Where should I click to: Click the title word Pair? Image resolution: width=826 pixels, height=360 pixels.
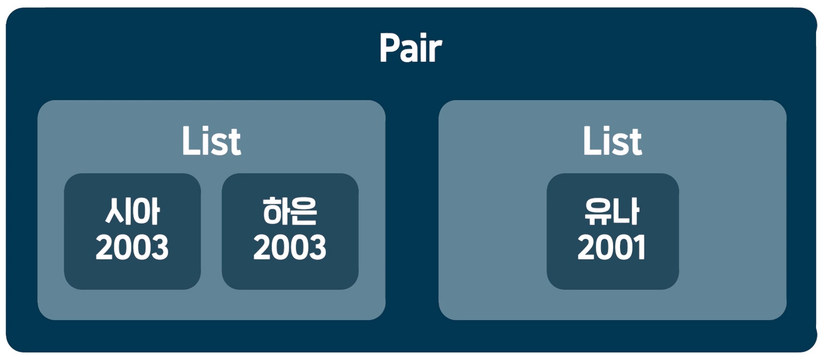[410, 49]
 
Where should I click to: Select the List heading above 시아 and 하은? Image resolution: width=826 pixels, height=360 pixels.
[211, 142]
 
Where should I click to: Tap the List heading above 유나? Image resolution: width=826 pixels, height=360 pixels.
[612, 142]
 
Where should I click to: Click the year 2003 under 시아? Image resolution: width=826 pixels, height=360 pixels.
[132, 249]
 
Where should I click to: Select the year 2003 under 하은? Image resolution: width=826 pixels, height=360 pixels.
[290, 249]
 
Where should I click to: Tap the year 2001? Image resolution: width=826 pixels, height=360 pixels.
[612, 249]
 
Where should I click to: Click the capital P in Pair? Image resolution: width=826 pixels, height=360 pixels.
[389, 49]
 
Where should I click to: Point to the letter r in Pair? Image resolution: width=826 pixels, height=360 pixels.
[435, 52]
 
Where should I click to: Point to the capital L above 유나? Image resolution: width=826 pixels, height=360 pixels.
[591, 142]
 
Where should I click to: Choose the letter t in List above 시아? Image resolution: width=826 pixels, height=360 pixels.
[235, 143]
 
